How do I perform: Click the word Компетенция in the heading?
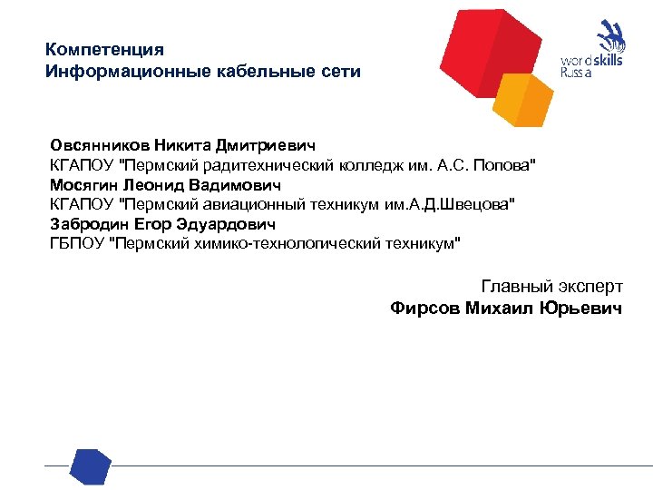coord(104,49)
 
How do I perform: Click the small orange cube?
coord(526,100)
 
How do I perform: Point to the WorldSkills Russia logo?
coord(593,53)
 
